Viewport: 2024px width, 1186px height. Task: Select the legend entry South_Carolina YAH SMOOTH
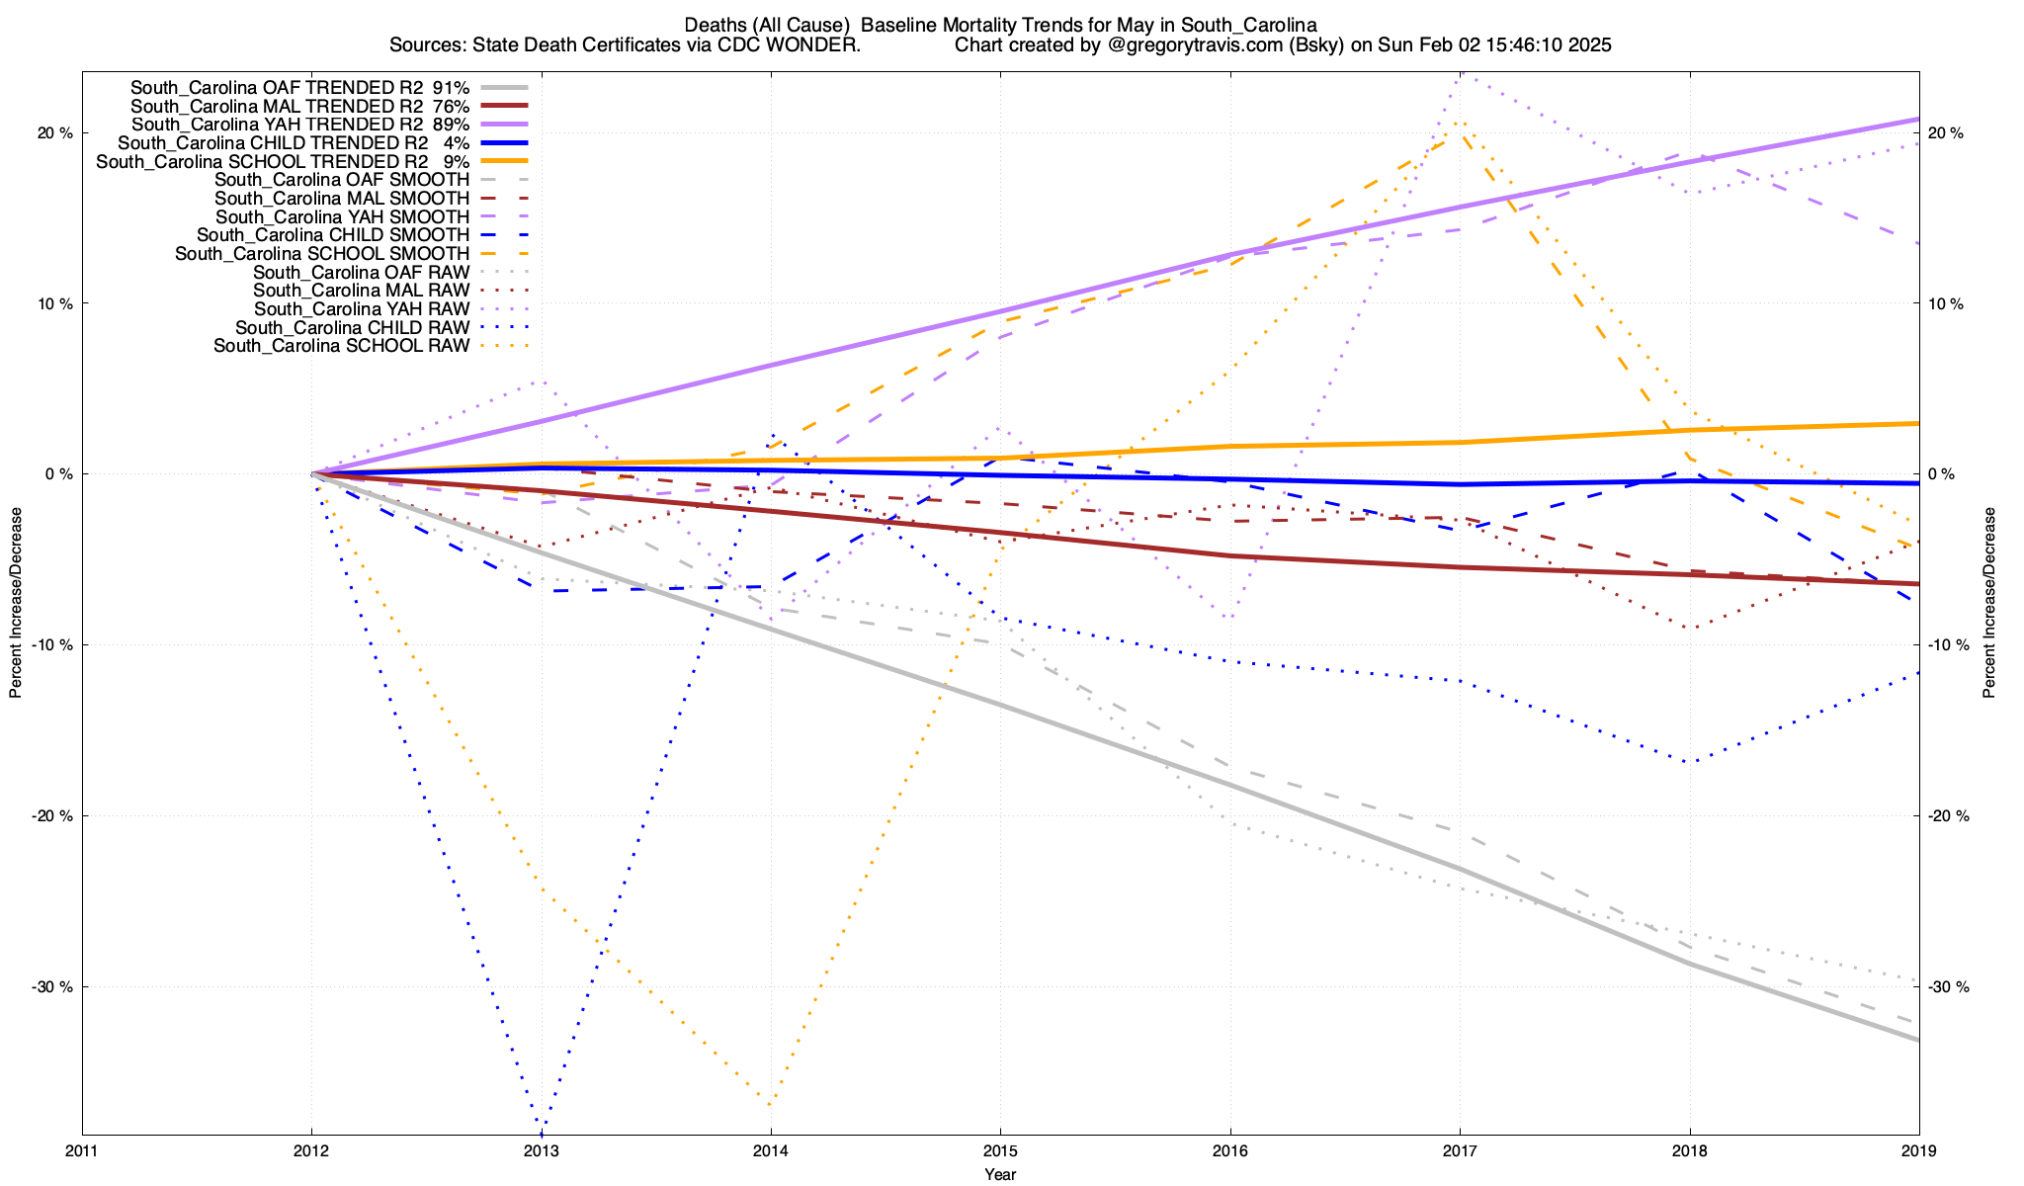(x=342, y=216)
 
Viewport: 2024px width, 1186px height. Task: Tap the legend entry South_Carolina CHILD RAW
(x=352, y=327)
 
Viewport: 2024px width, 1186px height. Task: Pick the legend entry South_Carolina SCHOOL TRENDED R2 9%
(x=283, y=161)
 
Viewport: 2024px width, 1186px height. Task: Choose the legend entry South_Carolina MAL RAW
(x=361, y=291)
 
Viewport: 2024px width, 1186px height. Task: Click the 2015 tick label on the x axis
(x=1000, y=1150)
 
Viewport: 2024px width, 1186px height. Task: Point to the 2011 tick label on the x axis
(x=82, y=1150)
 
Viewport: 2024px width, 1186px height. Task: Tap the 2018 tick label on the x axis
(x=1689, y=1150)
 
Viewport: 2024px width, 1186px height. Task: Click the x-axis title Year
(x=1000, y=1174)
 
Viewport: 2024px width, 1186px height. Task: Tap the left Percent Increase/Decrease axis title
(x=16, y=603)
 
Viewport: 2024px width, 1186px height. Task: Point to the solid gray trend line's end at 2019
(x=1918, y=1040)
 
